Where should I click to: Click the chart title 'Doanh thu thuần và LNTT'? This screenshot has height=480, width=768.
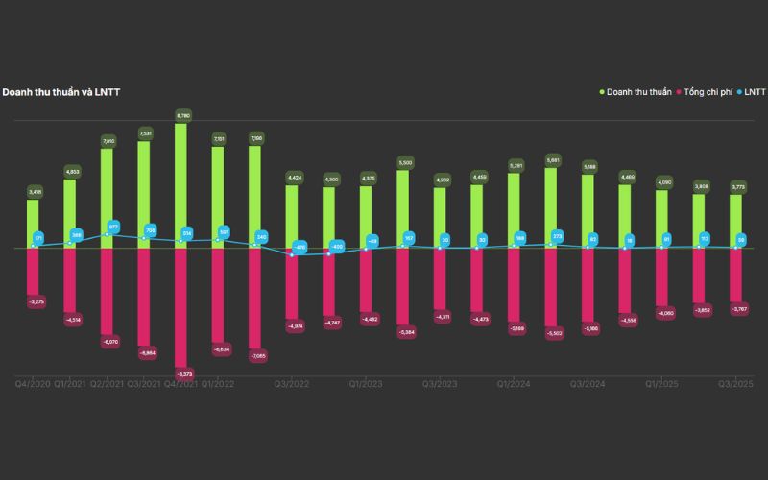click(x=60, y=92)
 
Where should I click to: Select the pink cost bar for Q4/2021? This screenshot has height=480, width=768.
click(x=180, y=307)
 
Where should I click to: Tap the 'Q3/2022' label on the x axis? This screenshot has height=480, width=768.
click(x=292, y=384)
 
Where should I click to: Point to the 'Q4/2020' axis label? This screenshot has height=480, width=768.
click(x=34, y=384)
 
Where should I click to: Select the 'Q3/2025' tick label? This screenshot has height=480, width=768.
click(x=735, y=384)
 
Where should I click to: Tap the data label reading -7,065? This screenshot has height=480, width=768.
click(x=255, y=356)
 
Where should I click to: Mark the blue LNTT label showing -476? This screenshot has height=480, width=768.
click(x=299, y=248)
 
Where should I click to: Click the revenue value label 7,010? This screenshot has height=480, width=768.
click(x=108, y=140)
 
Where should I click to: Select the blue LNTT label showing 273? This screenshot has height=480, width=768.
click(x=557, y=236)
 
